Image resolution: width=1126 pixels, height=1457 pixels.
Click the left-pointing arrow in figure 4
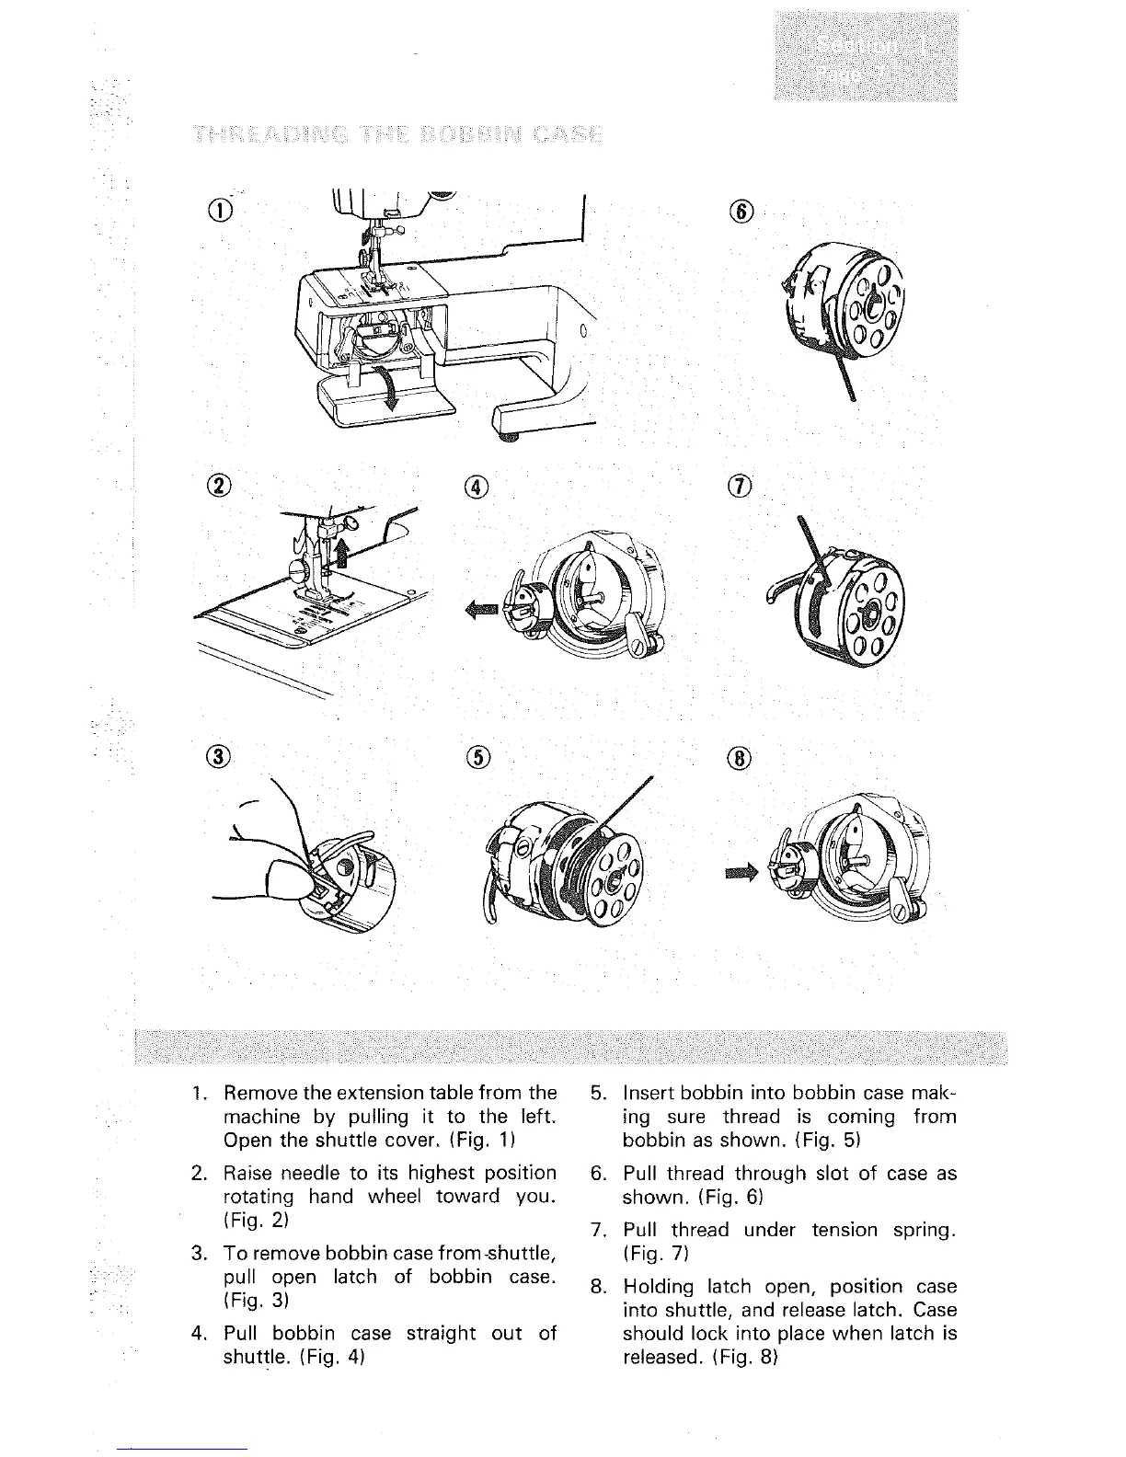(484, 608)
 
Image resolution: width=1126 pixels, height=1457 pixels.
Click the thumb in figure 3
(289, 878)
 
